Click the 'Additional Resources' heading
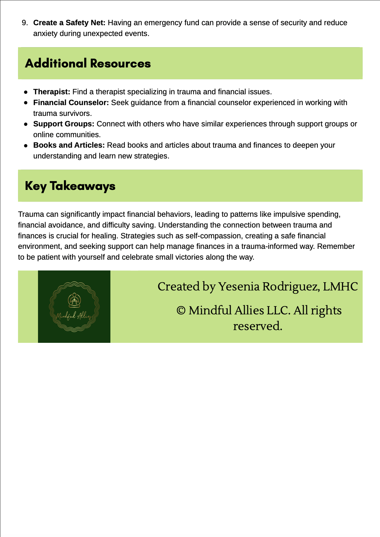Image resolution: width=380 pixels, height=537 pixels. (88, 64)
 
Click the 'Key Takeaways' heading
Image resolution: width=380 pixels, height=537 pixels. (70, 186)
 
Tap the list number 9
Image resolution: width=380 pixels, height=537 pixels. (25, 23)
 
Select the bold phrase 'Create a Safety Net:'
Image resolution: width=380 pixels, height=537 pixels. (69, 23)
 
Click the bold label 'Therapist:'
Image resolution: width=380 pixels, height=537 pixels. (52, 92)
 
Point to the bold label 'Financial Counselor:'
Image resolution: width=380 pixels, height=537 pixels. (71, 103)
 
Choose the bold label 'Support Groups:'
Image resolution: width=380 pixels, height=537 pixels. (64, 124)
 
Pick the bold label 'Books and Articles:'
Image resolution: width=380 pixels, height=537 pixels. (69, 145)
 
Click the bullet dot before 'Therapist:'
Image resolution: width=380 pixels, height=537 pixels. (26, 92)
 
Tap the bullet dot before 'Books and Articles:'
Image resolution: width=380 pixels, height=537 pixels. (26, 146)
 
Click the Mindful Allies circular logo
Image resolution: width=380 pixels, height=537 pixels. (74, 307)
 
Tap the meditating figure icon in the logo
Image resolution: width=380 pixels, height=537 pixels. (74, 300)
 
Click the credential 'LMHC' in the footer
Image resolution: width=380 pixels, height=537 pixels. (340, 287)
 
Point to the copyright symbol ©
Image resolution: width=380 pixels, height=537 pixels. (181, 310)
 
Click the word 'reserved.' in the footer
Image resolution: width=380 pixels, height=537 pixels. (257, 326)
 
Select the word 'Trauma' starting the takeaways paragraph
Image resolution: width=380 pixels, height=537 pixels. (31, 214)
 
